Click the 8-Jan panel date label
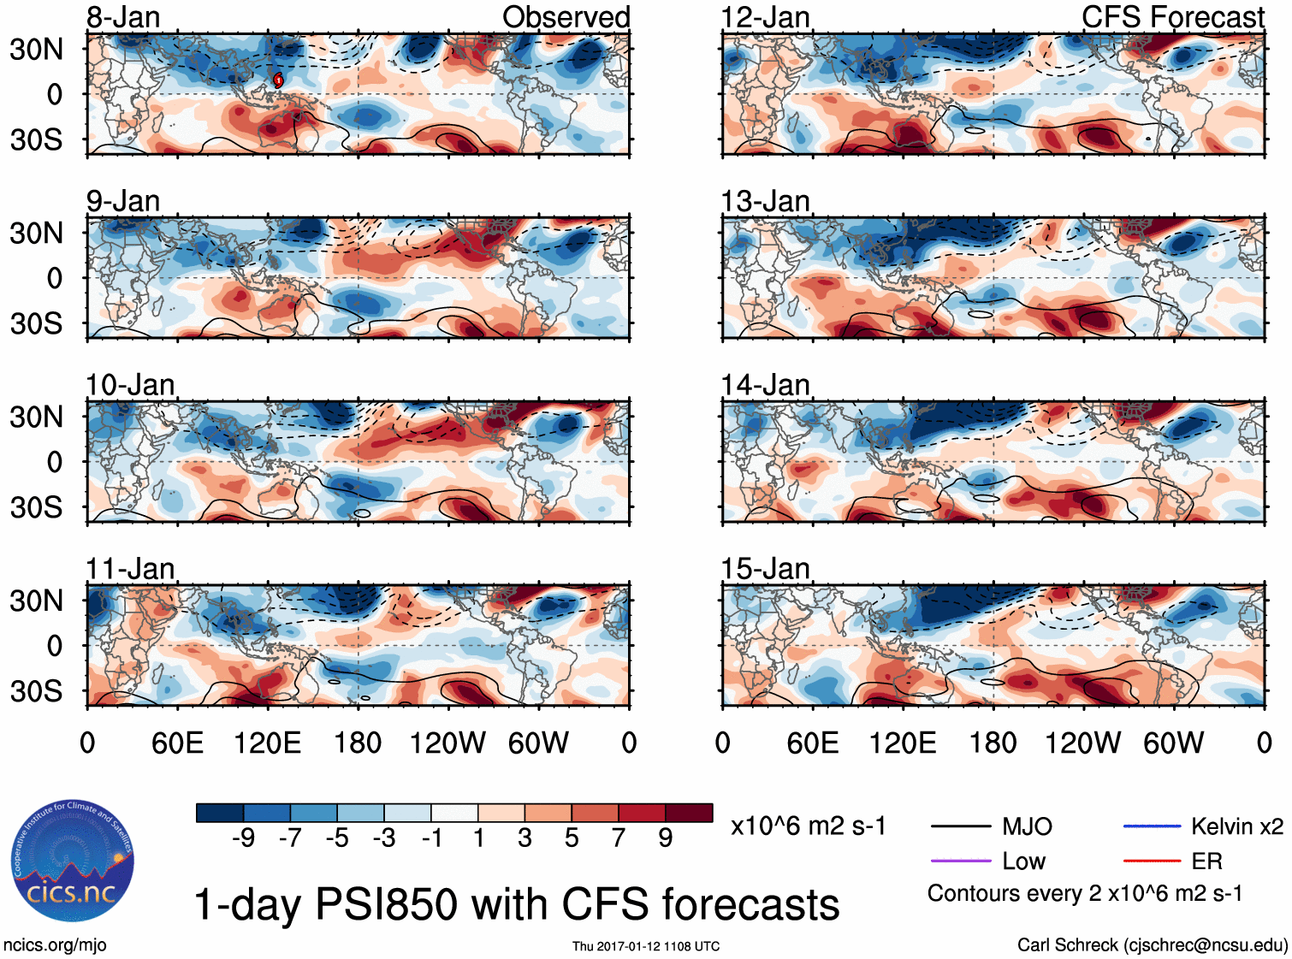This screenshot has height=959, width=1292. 123,17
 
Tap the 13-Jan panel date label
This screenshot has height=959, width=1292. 765,202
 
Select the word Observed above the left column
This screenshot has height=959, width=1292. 566,17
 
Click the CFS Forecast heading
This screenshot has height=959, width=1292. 1172,17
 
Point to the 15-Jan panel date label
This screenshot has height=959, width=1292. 765,569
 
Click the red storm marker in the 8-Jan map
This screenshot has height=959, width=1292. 278,80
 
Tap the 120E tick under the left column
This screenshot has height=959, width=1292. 268,743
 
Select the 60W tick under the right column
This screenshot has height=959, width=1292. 1173,743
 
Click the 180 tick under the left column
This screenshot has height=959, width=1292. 358,743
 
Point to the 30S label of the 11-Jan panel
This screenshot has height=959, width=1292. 36,690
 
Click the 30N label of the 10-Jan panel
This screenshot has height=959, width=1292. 36,417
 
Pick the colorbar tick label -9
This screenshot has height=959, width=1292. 243,838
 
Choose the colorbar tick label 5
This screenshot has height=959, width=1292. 572,838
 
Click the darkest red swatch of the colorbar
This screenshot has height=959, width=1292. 689,813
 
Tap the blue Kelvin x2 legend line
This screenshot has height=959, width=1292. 1152,826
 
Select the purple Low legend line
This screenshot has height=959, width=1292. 960,861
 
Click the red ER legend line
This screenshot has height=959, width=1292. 1152,861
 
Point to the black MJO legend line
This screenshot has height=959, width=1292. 960,826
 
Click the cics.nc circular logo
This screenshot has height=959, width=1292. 72,861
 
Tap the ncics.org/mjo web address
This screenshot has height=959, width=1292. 55,945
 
